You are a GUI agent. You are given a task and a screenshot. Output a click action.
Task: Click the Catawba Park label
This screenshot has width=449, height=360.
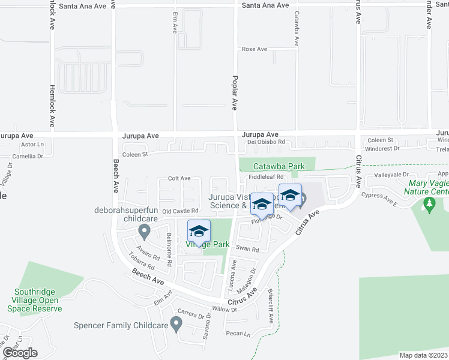pyautogui.click(x=279, y=167)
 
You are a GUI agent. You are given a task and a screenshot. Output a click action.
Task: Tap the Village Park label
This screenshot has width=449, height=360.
pyautogui.click(x=207, y=245)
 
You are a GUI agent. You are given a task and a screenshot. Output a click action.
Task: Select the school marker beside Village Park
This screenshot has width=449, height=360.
pyautogui.click(x=199, y=231)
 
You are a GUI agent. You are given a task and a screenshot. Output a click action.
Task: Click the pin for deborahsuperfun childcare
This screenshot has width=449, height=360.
pyautogui.click(x=143, y=230)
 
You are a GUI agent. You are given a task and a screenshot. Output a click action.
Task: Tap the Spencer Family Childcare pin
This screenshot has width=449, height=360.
pyautogui.click(x=176, y=325)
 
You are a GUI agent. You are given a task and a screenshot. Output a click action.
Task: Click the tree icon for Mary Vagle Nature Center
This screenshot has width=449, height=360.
pyautogui.click(x=429, y=205)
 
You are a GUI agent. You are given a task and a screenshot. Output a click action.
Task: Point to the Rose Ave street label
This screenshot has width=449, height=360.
pyautogui.click(x=254, y=49)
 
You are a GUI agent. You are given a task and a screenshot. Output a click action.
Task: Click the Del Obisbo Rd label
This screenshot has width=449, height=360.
pyautogui.click(x=266, y=143)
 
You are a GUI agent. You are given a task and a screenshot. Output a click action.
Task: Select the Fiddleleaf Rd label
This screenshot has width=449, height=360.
pyautogui.click(x=266, y=177)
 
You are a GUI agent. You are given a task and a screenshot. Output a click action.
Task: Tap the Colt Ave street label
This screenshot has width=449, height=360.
pyautogui.click(x=179, y=178)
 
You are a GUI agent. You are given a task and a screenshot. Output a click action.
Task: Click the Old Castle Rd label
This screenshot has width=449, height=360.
pyautogui.click(x=180, y=211)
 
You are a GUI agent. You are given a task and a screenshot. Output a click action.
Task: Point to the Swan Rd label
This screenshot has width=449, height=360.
pyautogui.click(x=247, y=249)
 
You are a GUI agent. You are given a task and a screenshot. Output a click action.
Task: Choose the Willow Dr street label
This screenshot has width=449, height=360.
pyautogui.click(x=226, y=310)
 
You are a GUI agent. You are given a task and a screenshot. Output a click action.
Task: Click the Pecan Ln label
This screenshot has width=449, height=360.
pyautogui.click(x=238, y=334)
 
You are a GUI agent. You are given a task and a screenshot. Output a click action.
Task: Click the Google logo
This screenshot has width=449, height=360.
pyautogui.click(x=20, y=353)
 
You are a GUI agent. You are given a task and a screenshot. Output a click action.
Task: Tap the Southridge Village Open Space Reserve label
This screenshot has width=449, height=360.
pyautogui.click(x=38, y=301)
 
